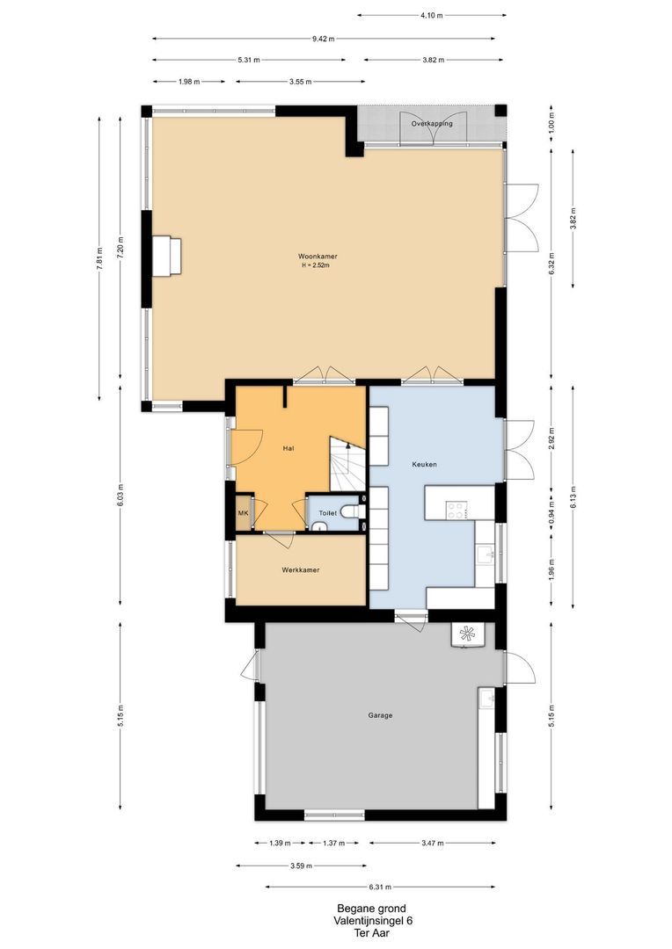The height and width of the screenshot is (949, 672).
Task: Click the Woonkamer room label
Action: pos(317,257)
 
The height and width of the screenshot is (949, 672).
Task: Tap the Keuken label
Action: pos(424,465)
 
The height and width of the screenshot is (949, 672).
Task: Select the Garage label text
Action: pos(380,715)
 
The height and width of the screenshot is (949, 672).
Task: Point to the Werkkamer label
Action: pos(301,570)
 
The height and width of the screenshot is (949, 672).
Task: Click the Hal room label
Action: pos(289,448)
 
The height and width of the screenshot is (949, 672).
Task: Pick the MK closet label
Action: pos(243,513)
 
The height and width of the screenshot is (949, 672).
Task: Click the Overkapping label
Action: pos(432,124)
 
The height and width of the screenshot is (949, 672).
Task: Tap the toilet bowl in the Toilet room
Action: pos(353,512)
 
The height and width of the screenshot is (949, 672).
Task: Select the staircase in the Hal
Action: pos(347,464)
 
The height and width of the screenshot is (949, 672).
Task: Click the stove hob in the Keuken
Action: pos(457,511)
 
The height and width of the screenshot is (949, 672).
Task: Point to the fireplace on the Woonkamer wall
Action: pos(166,256)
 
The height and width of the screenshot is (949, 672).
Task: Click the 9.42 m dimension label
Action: pos(324,39)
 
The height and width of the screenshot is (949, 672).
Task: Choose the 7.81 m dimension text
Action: pos(99,258)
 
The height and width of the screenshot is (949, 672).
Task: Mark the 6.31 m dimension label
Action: pos(380,887)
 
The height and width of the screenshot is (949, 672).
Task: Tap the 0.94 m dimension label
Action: pos(551,512)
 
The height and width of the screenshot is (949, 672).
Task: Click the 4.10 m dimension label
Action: pos(432,15)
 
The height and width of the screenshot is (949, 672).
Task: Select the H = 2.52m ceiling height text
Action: pos(315,265)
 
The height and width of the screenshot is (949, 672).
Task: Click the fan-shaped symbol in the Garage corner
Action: pos(467,634)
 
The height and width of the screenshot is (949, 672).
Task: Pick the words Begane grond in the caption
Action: pos(371,909)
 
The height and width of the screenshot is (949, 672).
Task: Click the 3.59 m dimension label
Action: pos(301,866)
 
